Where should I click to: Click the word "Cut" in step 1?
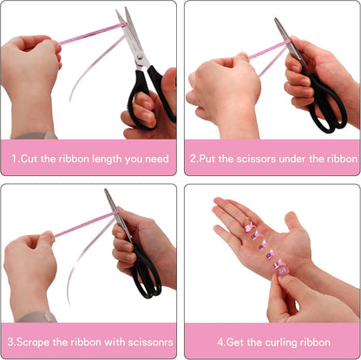pyautogui.click(x=30, y=159)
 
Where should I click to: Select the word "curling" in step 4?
pyautogui.click(x=281, y=343)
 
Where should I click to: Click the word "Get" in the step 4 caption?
pyautogui.click(x=235, y=343)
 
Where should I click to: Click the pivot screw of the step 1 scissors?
pyautogui.click(x=140, y=56)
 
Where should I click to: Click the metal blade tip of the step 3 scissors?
pyautogui.click(x=106, y=190)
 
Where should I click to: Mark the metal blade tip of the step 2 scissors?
pyautogui.click(x=275, y=19)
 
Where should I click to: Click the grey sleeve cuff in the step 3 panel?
pyautogui.click(x=37, y=317)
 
